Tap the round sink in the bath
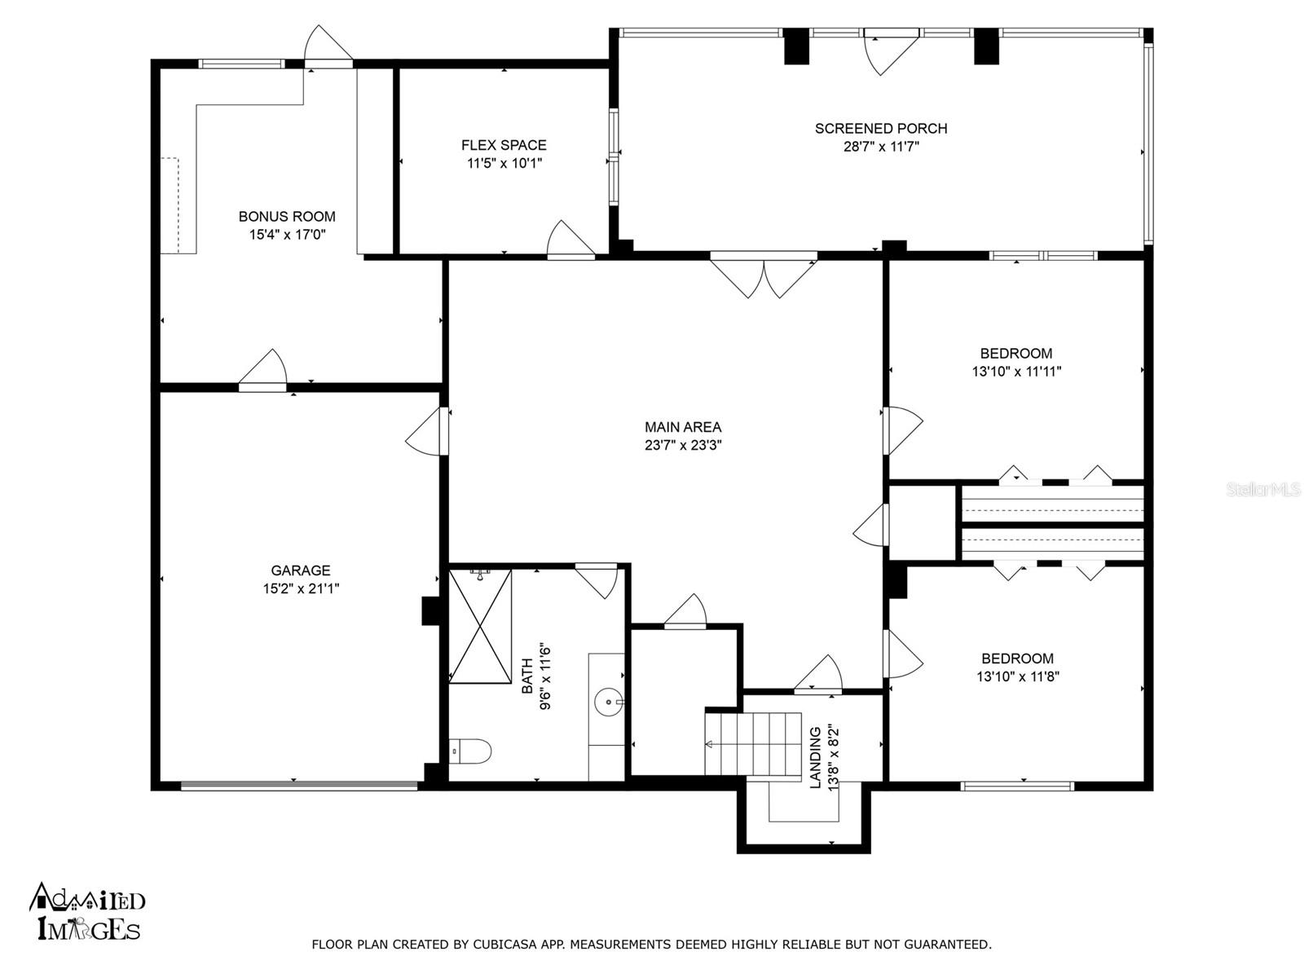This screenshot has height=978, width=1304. [608, 700]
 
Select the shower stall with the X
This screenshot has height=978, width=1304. [481, 626]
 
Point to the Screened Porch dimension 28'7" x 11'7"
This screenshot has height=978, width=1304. [881, 148]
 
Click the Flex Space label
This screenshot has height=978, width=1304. [504, 145]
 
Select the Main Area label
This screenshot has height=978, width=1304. [682, 426]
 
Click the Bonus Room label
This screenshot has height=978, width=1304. [287, 216]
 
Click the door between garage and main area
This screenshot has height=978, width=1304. [428, 432]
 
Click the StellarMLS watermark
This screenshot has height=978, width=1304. [1263, 490]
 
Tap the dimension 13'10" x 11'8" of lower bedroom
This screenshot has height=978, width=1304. [1017, 676]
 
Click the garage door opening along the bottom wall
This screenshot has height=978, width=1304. [298, 786]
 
